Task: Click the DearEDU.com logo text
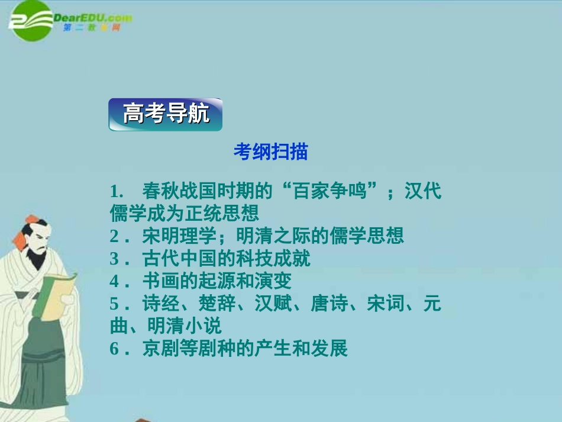(92, 18)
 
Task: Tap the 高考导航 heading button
(166, 114)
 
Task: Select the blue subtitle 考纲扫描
(270, 152)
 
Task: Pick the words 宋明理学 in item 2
(175, 236)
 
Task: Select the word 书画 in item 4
(157, 281)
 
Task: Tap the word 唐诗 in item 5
(326, 304)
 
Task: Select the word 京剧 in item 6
(157, 348)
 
